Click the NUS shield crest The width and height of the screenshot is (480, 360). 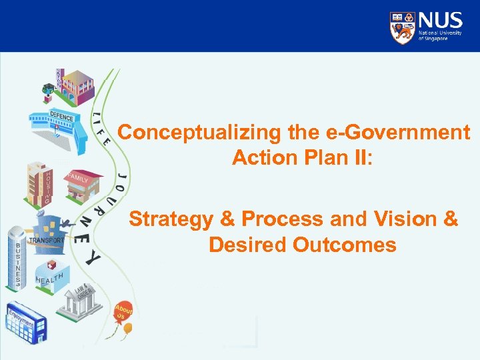tap(403, 27)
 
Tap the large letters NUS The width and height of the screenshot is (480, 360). tap(440, 20)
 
